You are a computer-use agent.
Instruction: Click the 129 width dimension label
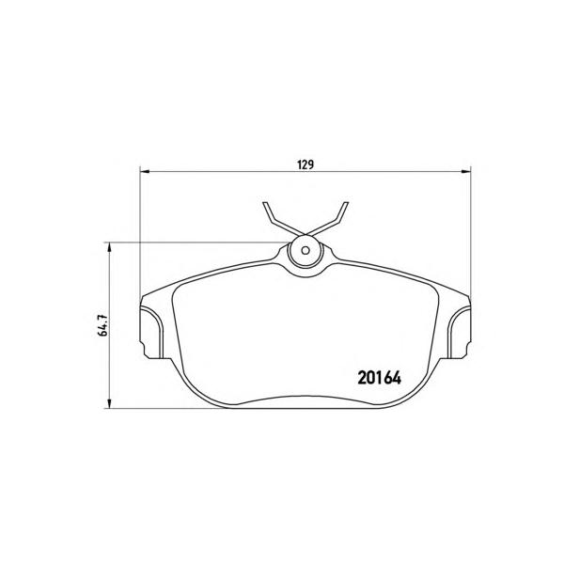[x=305, y=164]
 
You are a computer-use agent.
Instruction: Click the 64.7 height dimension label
[x=103, y=325]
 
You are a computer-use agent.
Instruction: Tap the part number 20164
[x=379, y=378]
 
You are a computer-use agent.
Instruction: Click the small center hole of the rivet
[x=305, y=250]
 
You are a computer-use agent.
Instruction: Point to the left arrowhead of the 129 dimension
[x=144, y=171]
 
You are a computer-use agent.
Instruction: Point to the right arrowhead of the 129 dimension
[x=466, y=171]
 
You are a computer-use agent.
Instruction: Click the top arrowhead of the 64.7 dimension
[x=109, y=246]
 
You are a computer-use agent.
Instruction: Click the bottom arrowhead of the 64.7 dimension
[x=109, y=404]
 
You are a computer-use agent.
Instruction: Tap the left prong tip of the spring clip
[x=265, y=204]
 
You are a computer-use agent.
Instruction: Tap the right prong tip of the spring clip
[x=346, y=204]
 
